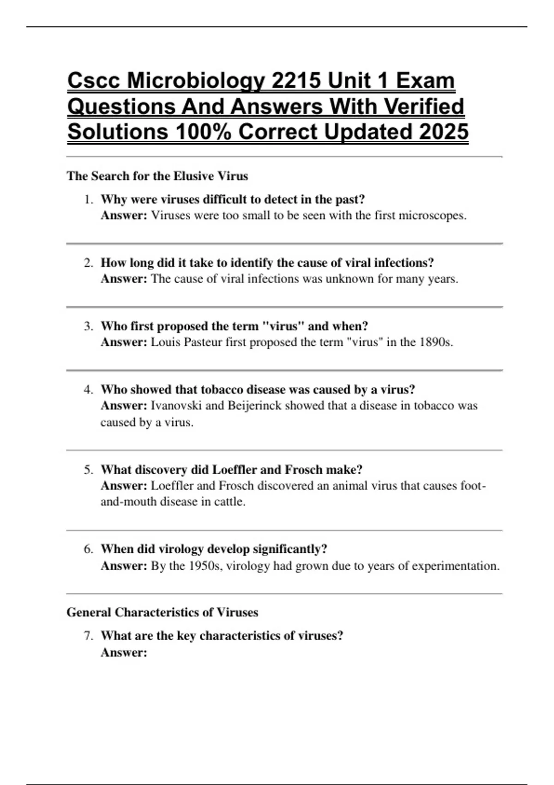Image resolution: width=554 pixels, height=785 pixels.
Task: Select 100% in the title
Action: tap(204, 132)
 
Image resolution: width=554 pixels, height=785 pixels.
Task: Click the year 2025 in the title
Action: tap(443, 132)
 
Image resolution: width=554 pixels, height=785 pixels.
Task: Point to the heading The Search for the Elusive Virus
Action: tap(157, 176)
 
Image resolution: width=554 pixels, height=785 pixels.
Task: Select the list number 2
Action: tap(89, 263)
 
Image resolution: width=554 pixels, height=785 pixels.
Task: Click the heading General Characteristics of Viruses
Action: tap(163, 612)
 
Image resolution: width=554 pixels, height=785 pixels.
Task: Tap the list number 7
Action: tap(89, 636)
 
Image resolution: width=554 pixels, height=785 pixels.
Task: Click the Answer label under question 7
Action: tap(124, 652)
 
